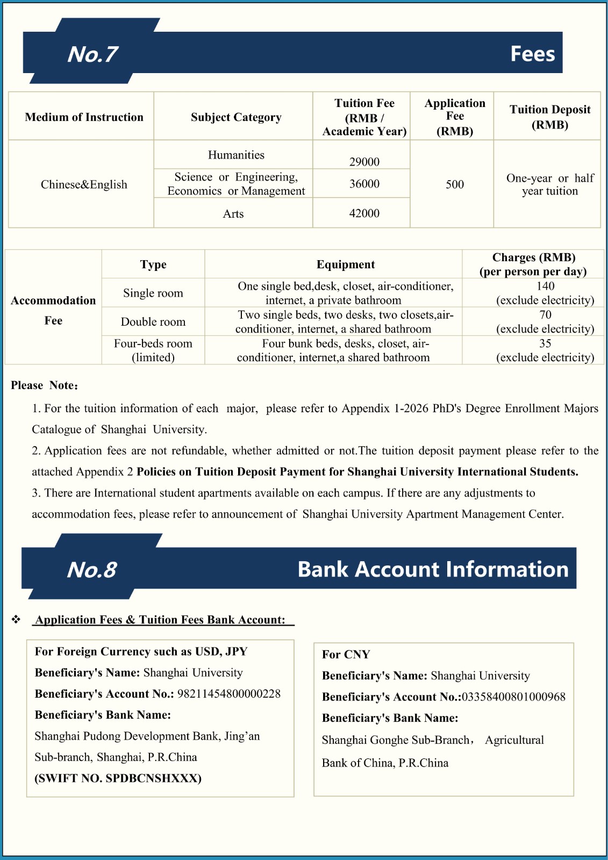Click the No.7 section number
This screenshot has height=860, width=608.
[92, 54]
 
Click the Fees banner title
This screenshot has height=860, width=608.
[532, 54]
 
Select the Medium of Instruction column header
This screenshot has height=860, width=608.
[84, 117]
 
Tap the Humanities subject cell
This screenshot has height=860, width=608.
[236, 155]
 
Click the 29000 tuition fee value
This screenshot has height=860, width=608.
[364, 162]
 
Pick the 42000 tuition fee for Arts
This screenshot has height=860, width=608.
[364, 213]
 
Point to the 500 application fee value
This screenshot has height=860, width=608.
[454, 184]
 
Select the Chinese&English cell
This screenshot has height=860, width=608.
[84, 184]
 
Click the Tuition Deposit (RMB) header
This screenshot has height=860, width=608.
[549, 117]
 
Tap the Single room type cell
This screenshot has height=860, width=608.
[153, 293]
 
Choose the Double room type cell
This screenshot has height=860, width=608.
[153, 321]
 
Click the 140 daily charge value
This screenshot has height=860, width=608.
[545, 286]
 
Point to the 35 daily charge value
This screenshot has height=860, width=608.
[545, 343]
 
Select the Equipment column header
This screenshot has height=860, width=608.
[345, 264]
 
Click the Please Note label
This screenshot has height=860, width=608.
[45, 385]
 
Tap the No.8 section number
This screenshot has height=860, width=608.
[91, 570]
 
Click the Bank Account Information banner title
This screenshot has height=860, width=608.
[433, 569]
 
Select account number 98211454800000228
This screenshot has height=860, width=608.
[229, 694]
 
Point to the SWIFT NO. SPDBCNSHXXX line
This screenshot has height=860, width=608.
[118, 778]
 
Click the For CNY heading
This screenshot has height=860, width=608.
[346, 654]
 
